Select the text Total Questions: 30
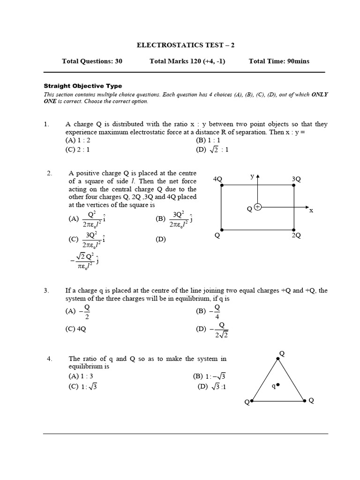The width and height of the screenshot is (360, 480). [92, 61]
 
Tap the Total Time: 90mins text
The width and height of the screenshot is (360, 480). [279, 61]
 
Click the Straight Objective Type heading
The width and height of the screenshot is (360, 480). [82, 86]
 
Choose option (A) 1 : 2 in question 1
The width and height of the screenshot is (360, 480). [78, 140]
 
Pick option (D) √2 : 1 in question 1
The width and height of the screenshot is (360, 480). [212, 150]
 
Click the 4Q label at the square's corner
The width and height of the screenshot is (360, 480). [217, 179]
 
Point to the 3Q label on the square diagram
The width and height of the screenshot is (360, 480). [296, 179]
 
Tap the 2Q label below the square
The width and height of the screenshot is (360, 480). [296, 236]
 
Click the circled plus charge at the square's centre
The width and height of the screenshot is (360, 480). [257, 207]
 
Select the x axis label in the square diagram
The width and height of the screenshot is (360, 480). [310, 211]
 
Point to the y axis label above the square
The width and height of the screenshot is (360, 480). [252, 176]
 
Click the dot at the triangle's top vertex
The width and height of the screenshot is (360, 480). [278, 359]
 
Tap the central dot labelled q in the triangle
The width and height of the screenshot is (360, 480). [278, 385]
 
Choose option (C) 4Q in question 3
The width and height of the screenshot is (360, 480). [77, 329]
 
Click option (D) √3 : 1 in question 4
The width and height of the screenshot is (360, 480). [212, 387]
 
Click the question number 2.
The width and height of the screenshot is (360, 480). [50, 173]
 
